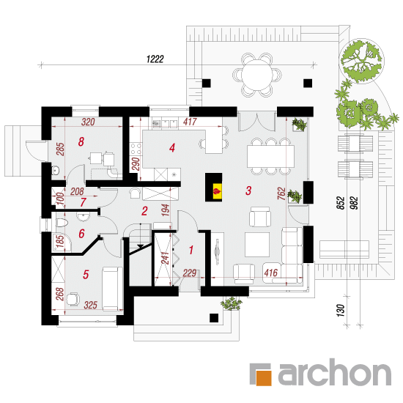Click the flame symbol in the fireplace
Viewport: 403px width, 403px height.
point(217,191)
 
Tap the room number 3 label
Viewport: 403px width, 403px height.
point(248,191)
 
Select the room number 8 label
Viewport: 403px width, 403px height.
point(81,141)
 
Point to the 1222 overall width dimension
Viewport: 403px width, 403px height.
point(155,59)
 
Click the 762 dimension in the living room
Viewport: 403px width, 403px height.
point(281,193)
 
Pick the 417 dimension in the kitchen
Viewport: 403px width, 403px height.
point(190,122)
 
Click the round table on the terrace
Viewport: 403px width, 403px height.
point(257,75)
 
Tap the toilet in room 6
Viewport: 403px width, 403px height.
point(62,223)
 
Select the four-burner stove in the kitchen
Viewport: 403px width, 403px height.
point(136,149)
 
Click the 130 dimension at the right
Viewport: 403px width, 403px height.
point(340,310)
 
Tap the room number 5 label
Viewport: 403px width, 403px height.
point(86,275)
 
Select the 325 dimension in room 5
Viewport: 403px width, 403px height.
point(90,305)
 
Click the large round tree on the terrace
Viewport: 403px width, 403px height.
point(362,61)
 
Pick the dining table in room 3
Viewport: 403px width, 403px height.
point(271,156)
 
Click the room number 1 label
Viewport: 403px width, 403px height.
point(191,250)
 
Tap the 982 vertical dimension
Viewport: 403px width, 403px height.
point(354,203)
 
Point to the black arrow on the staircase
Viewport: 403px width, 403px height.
point(141,246)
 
